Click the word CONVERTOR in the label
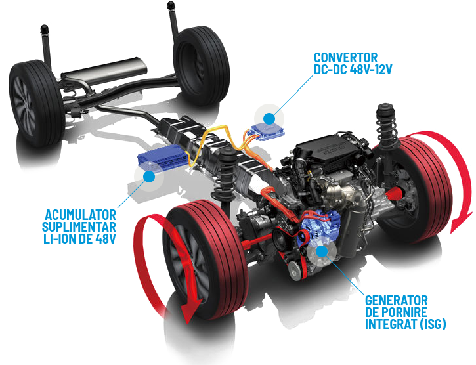click(346, 57)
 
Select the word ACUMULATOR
click(81, 215)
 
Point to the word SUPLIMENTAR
click(79, 227)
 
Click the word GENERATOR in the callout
click(396, 301)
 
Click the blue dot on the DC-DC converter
click(269, 118)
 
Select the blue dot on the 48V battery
click(149, 177)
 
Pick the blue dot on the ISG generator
click(322, 251)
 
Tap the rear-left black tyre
click(36, 103)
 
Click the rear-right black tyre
click(201, 65)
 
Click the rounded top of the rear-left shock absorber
click(45, 30)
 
